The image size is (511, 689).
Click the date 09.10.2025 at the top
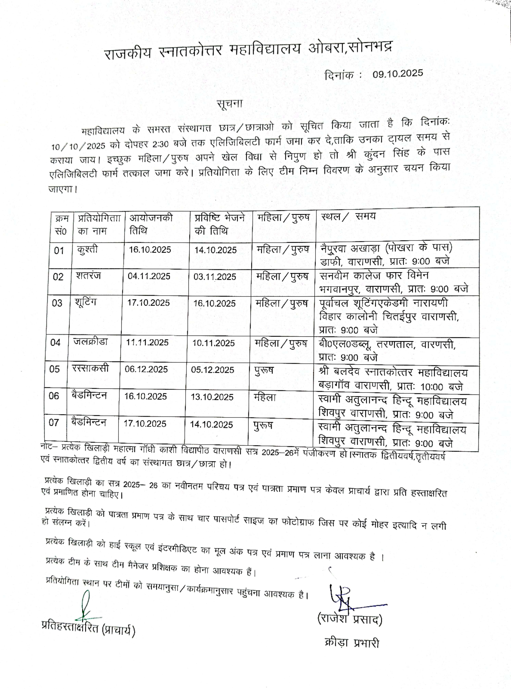pyautogui.click(x=397, y=73)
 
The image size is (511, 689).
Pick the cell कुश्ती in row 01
pyautogui.click(x=88, y=249)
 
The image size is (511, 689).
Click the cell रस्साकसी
pyautogui.click(x=90, y=368)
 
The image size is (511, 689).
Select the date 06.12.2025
pyautogui.click(x=146, y=369)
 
